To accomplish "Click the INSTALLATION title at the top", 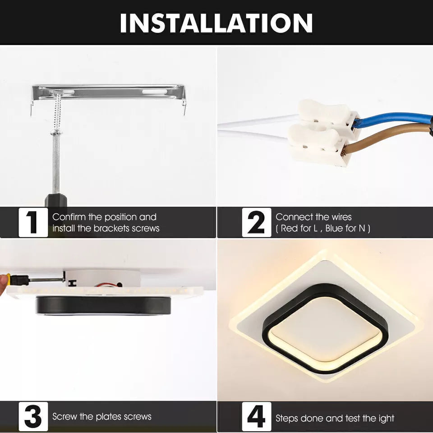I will click(216, 22).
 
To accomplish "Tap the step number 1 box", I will click(33, 222).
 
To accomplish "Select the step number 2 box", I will click(256, 222).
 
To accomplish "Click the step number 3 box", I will click(33, 416).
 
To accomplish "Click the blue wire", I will click(392, 119).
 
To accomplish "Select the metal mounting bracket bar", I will click(108, 92).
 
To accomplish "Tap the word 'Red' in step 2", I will click(290, 228).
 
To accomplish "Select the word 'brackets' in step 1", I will click(110, 228).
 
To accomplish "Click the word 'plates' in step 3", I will click(103, 416).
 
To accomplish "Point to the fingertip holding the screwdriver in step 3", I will click(4, 283).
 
